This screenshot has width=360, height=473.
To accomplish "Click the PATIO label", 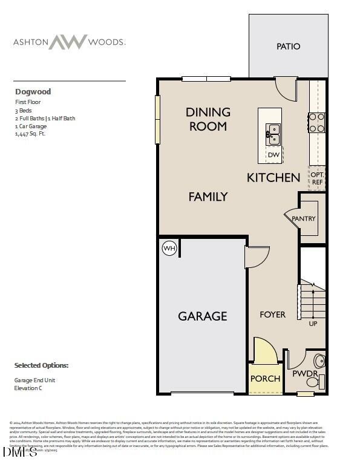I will (288, 47).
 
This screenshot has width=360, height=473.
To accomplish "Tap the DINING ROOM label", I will (208, 119).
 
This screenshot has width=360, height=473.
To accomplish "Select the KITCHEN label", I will (273, 177).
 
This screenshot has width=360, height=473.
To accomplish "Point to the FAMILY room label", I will (208, 197).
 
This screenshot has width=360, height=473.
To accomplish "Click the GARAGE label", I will (202, 316).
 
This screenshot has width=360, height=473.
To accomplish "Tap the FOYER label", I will (272, 315).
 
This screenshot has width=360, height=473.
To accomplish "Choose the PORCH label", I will (265, 379).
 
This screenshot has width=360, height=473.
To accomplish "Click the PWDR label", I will (304, 374).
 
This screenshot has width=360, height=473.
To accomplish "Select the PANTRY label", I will (304, 218).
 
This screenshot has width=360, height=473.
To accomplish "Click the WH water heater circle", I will (169, 248).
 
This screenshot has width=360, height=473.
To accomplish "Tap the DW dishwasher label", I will (273, 155).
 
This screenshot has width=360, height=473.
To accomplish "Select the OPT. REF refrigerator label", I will (317, 177).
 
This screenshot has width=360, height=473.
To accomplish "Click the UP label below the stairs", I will (313, 324).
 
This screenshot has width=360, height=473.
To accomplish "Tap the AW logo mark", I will (68, 42).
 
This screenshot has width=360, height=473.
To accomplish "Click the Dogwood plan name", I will (33, 92).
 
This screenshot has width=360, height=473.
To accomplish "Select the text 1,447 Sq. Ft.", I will (30, 134).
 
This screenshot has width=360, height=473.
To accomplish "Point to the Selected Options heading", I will (41, 365).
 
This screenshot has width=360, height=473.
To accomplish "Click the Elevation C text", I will (31, 388).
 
